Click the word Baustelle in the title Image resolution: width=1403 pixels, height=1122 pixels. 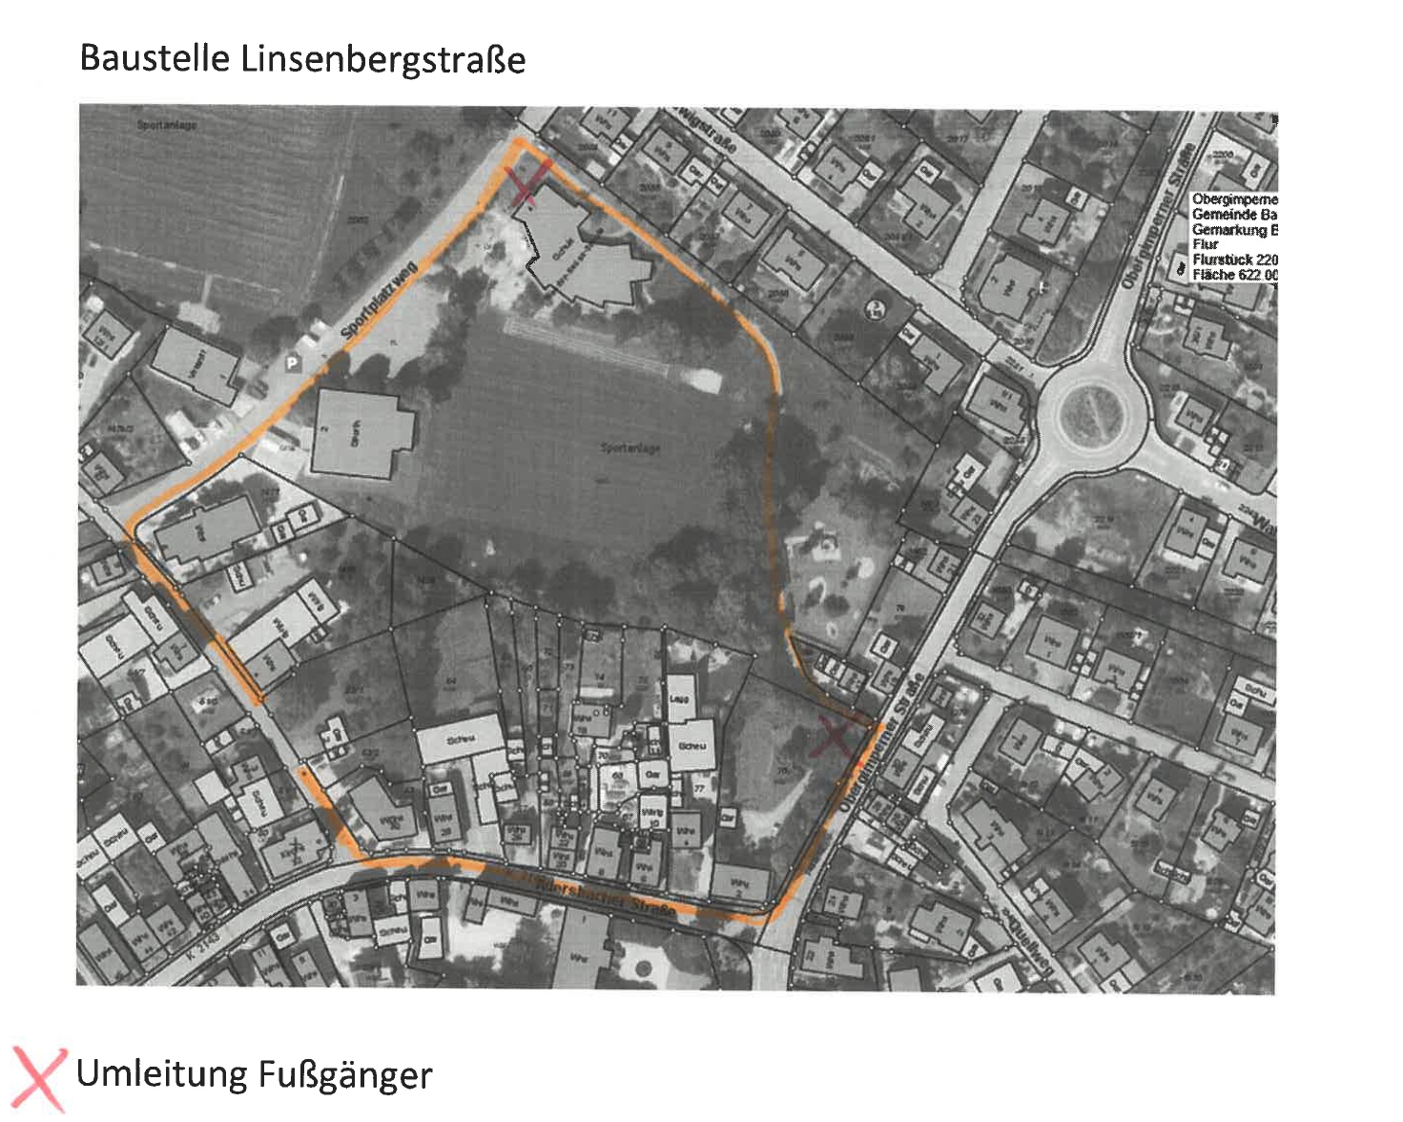tap(155, 59)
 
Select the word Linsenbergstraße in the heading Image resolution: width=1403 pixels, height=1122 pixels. tap(382, 60)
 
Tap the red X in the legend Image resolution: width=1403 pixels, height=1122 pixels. tap(39, 1077)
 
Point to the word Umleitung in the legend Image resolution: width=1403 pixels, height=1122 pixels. tap(161, 1074)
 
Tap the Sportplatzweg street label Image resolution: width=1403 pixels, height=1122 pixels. tap(379, 300)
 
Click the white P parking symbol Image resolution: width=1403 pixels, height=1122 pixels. tap(292, 363)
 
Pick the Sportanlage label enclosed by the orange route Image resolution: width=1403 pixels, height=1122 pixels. tap(629, 447)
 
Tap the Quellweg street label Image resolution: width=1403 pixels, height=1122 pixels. tap(1028, 945)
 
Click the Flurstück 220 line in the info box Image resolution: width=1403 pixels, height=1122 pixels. tap(1234, 260)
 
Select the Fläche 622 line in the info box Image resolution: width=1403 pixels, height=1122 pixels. tap(1234, 275)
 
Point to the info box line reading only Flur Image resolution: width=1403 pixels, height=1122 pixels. tap(1205, 244)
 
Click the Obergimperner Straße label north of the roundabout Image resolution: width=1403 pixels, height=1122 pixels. tap(1157, 216)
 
